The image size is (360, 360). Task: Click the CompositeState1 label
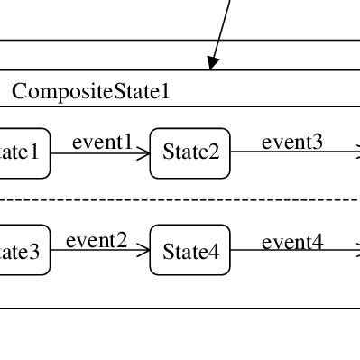pyautogui.click(x=91, y=91)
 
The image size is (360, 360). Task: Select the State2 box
pyautogui.click(x=190, y=152)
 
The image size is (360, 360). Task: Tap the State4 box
pyautogui.click(x=190, y=252)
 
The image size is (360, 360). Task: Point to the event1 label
pyautogui.click(x=102, y=142)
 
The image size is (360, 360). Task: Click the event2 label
pyautogui.click(x=96, y=240)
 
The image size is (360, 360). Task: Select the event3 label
pyautogui.click(x=292, y=142)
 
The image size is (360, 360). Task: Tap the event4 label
pyautogui.click(x=292, y=241)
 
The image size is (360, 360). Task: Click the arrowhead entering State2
pyautogui.click(x=143, y=153)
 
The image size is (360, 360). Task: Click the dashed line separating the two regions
pyautogui.click(x=180, y=199)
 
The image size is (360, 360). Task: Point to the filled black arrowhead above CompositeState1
pyautogui.click(x=213, y=62)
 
